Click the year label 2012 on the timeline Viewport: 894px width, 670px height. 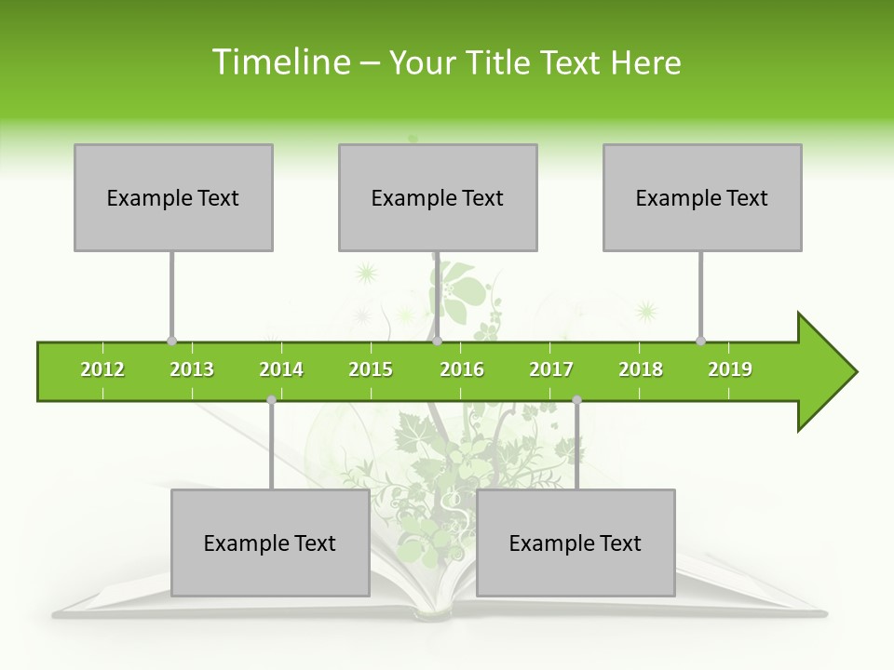pos(102,369)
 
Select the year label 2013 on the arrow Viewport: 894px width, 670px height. pos(192,369)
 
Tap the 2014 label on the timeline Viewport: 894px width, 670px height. pos(281,369)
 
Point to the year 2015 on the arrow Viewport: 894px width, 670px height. pos(371,369)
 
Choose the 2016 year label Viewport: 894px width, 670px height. pos(462,369)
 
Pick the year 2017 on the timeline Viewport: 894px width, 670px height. pos(551,369)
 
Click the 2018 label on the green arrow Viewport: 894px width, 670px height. pos(641,369)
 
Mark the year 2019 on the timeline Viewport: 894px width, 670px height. pos(730,369)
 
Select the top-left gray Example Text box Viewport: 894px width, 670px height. pos(173,197)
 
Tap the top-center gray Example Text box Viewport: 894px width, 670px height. pos(438,197)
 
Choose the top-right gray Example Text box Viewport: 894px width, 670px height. pos(702,197)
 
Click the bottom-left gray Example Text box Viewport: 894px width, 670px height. pos(270,543)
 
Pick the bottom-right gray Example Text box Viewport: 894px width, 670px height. pos(576,543)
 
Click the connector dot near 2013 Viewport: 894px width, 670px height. pos(171,342)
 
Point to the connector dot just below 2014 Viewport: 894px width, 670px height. pos(271,399)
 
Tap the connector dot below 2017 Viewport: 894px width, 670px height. pos(576,399)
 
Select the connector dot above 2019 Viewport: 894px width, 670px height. pos(700,342)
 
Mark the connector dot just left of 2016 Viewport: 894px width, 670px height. pos(437,342)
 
